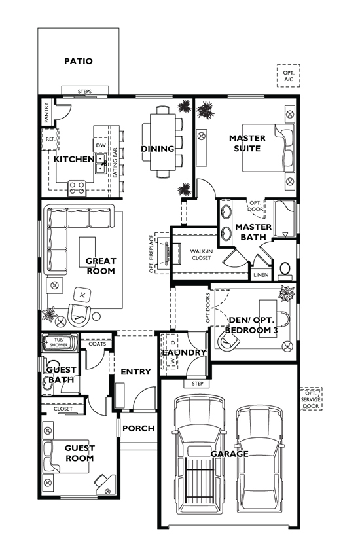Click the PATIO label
pos(78,61)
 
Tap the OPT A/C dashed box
pos(288,76)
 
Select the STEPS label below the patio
pos(84,91)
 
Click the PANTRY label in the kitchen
pos(46,113)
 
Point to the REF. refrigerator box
pos(50,139)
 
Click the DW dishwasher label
pos(100,145)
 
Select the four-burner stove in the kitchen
pos(77,188)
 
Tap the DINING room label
pos(158,149)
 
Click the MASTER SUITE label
pos(247,143)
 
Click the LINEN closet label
pos(261,274)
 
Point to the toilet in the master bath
pos(285,269)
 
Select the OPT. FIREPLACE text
pos(151,254)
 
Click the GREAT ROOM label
pos(100,266)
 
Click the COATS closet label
pos(97,344)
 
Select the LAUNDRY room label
pos(185,352)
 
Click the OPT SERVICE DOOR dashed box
pos(311,399)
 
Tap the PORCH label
pos(139,429)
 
